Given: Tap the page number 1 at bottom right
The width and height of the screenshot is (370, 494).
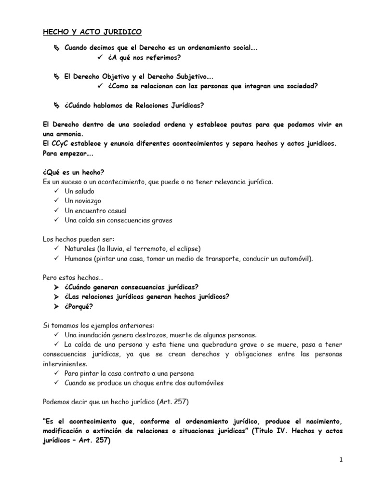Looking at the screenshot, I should tap(340, 460).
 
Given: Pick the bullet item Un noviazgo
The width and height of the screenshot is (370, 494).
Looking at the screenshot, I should tap(82, 201).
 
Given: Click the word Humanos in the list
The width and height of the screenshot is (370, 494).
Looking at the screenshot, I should tap(79, 259).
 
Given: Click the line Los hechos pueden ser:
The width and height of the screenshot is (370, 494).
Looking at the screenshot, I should tap(75, 239).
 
